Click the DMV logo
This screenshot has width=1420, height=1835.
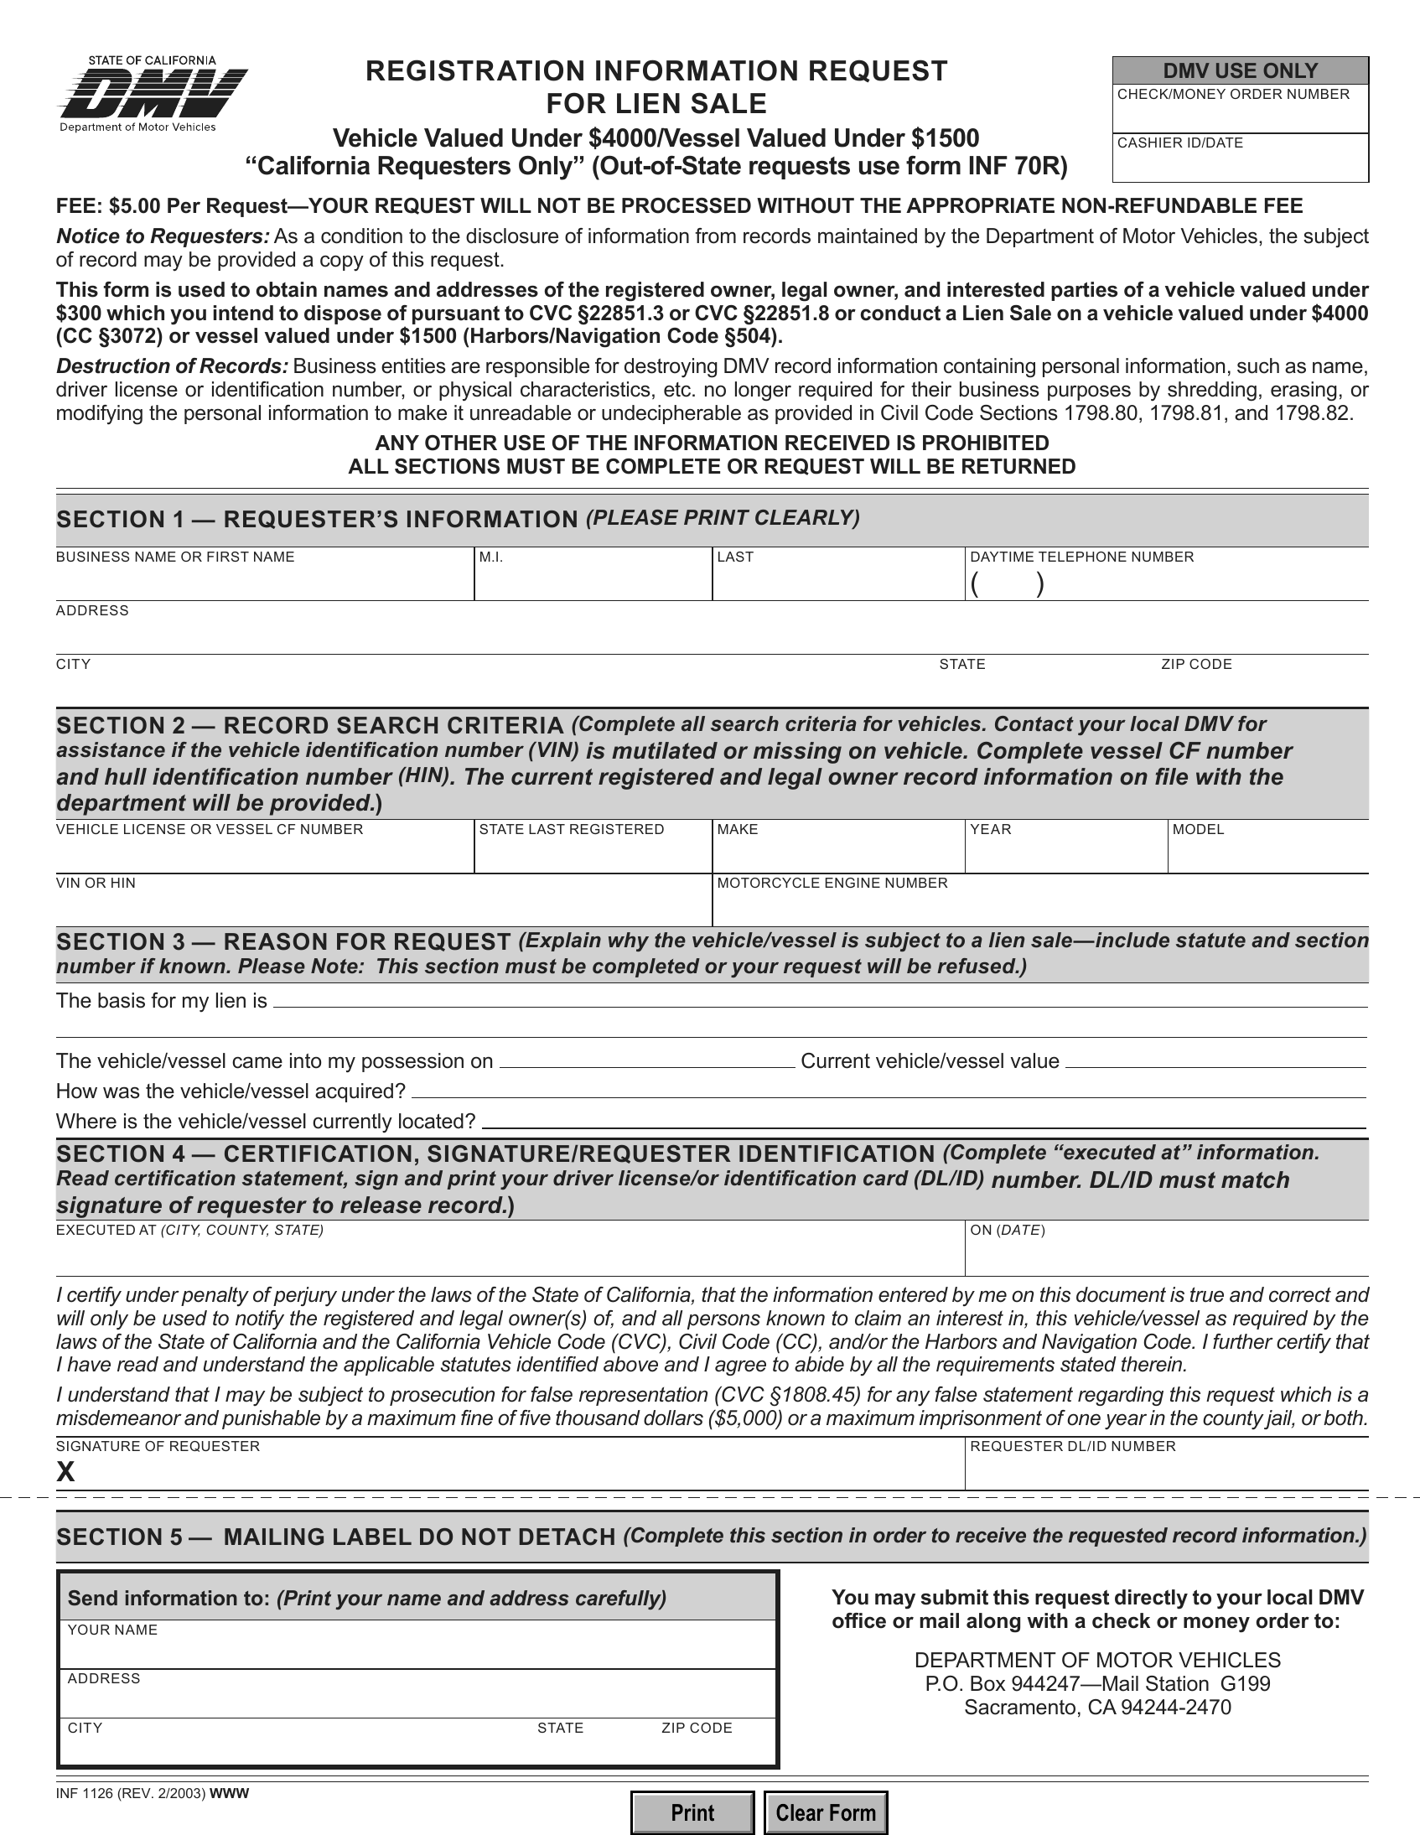click(x=152, y=94)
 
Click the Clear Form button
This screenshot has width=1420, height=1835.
click(x=825, y=1812)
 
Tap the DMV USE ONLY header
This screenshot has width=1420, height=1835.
click(x=1239, y=70)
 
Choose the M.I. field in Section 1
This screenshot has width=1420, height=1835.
click(x=593, y=583)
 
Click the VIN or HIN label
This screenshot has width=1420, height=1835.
click(x=96, y=883)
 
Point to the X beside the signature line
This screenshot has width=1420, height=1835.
click(x=65, y=1471)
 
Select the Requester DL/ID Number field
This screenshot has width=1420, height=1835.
click(x=1165, y=1473)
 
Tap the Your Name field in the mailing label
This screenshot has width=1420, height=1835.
click(x=417, y=1652)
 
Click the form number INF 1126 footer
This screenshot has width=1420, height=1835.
click(x=130, y=1793)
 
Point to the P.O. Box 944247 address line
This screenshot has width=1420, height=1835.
click(x=1096, y=1684)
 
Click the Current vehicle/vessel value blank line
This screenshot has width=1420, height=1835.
click(x=1215, y=1062)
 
